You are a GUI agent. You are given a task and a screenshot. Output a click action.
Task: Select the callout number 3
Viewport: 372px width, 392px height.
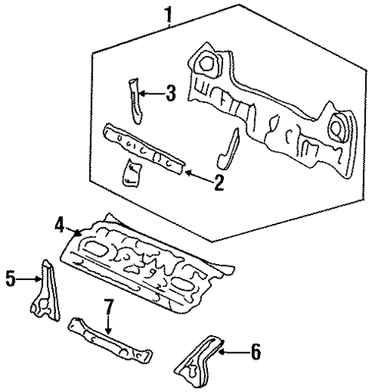pos(170,94)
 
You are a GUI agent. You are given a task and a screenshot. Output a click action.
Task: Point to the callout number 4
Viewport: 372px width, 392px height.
pos(59,225)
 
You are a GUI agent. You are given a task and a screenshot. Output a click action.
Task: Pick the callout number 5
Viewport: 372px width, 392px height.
pos(10,280)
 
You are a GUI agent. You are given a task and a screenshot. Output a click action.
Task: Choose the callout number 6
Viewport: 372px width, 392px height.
pos(255,352)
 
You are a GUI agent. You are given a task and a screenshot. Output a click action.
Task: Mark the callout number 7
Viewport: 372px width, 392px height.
pos(109,308)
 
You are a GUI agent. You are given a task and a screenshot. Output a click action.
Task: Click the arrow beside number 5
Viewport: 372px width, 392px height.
pos(31,280)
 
